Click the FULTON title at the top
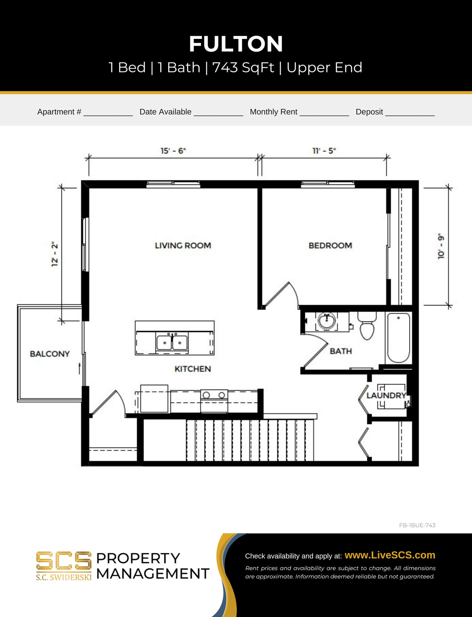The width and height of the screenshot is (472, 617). click(x=236, y=44)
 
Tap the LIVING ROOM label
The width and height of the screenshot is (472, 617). click(x=183, y=246)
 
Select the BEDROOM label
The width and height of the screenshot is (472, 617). click(x=330, y=246)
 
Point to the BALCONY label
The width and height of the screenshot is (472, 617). click(x=50, y=354)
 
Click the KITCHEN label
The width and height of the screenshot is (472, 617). click(x=193, y=369)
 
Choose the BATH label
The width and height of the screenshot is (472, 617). click(x=341, y=351)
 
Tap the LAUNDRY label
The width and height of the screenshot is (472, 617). click(x=386, y=396)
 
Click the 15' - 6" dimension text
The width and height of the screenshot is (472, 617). click(x=173, y=151)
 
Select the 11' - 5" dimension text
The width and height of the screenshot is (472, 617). click(x=324, y=151)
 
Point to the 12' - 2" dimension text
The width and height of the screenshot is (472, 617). click(x=55, y=254)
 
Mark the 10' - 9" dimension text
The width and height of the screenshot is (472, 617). click(x=441, y=246)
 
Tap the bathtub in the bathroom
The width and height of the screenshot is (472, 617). click(x=398, y=338)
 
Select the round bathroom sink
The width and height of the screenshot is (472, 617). click(x=327, y=321)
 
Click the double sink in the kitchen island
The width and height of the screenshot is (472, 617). click(x=172, y=343)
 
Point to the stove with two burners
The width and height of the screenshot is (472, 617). click(x=214, y=401)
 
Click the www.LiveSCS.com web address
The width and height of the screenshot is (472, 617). click(x=390, y=555)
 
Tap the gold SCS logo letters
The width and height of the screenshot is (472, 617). click(x=64, y=561)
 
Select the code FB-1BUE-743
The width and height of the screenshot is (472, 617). click(x=417, y=525)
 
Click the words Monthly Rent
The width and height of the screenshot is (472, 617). click(x=273, y=112)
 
